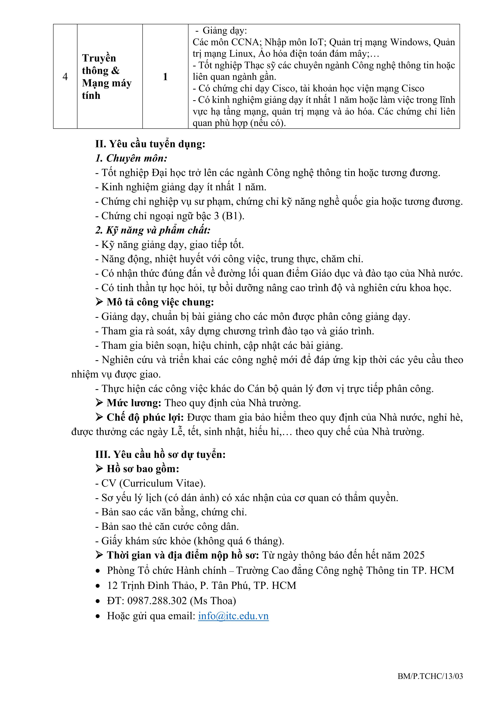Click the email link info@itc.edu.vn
[x=233, y=616]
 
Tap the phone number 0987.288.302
[x=157, y=601]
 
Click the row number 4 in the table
[x=65, y=77]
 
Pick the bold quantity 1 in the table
[x=165, y=77]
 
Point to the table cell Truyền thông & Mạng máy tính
[x=107, y=77]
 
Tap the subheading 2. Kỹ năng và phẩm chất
[x=153, y=230]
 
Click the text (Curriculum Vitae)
[x=162, y=483]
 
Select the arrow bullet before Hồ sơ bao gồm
[x=99, y=469]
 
